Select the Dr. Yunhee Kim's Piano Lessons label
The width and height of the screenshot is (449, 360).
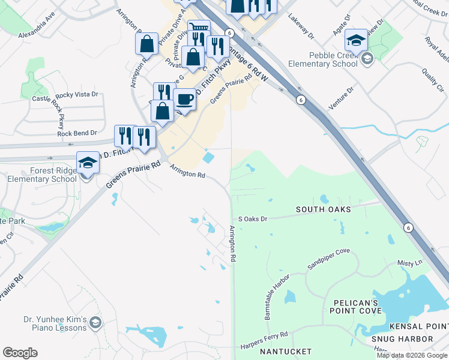coord(56,324)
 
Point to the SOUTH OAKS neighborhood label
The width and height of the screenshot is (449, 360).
coord(323,209)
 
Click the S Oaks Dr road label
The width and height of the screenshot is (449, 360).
coord(252,219)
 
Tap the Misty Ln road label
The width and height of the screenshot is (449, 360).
coord(410,263)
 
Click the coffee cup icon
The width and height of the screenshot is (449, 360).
coord(185,99)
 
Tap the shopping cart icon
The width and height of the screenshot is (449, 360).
coord(199,28)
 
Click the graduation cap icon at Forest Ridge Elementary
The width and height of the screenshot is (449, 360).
coord(88,163)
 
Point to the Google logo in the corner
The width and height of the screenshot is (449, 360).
coord(20,353)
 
